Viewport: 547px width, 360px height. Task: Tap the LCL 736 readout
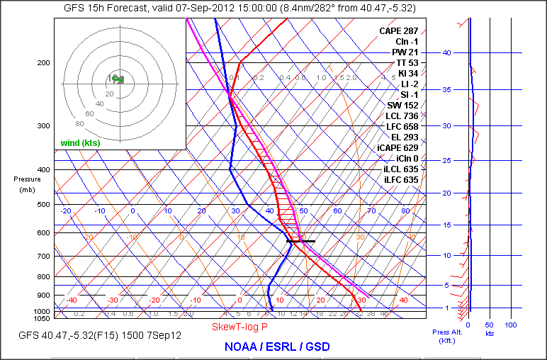coord(402,116)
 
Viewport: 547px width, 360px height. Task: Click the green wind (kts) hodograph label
coord(80,143)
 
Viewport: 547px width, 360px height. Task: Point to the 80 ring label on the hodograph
coord(60,123)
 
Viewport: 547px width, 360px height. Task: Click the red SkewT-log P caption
coord(240,327)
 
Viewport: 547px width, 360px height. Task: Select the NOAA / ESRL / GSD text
coord(276,347)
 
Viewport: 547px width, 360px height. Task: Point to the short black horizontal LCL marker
coord(300,242)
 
